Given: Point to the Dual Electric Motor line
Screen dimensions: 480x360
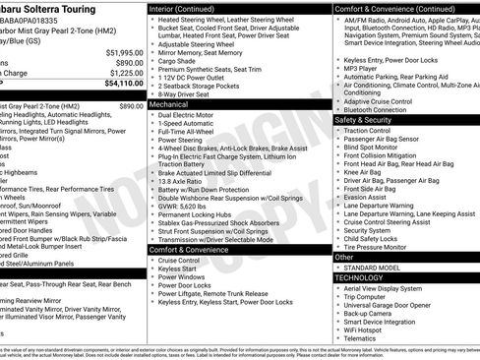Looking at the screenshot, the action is (190, 114).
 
